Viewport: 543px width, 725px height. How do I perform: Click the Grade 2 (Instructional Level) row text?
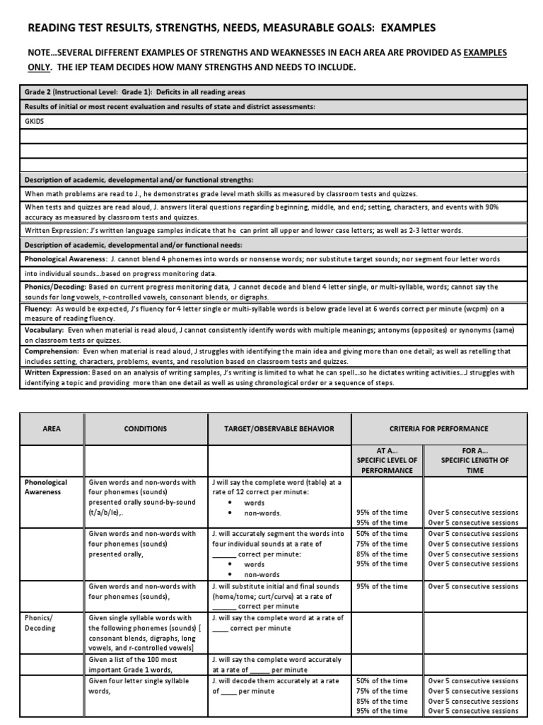click(134, 92)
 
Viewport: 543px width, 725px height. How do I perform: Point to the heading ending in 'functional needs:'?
click(134, 245)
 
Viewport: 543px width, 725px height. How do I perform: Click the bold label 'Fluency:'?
click(38, 309)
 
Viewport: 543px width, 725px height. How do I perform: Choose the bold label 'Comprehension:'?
click(52, 350)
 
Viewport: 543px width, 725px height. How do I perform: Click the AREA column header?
click(52, 428)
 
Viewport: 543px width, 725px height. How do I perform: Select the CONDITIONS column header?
click(145, 428)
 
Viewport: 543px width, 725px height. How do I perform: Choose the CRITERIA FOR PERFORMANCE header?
click(438, 428)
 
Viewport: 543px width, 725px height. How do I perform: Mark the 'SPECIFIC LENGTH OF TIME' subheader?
click(474, 459)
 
